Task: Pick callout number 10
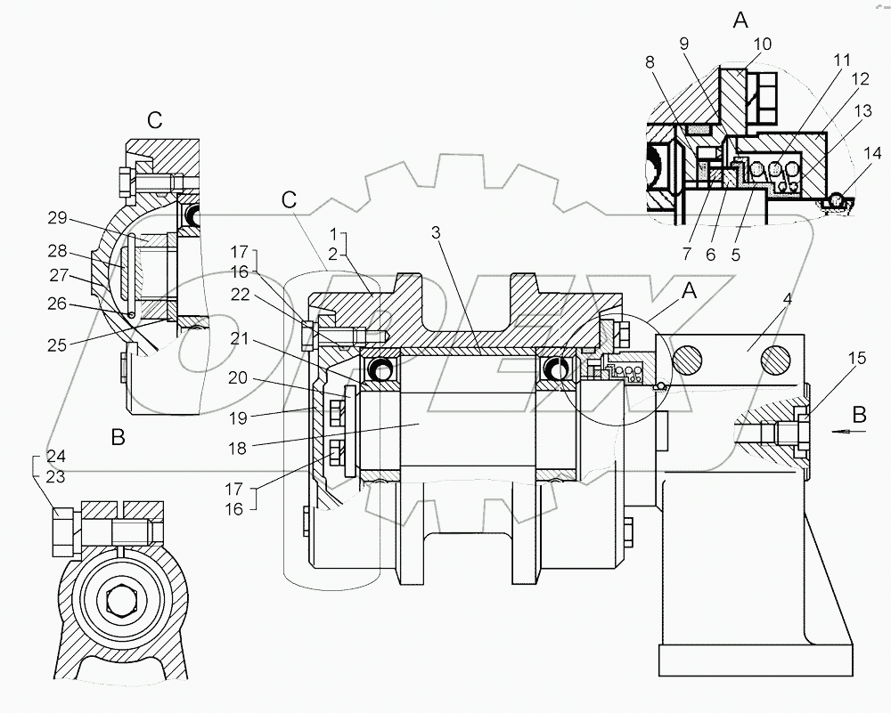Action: click(x=763, y=44)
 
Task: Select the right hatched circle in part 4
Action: click(x=775, y=360)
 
